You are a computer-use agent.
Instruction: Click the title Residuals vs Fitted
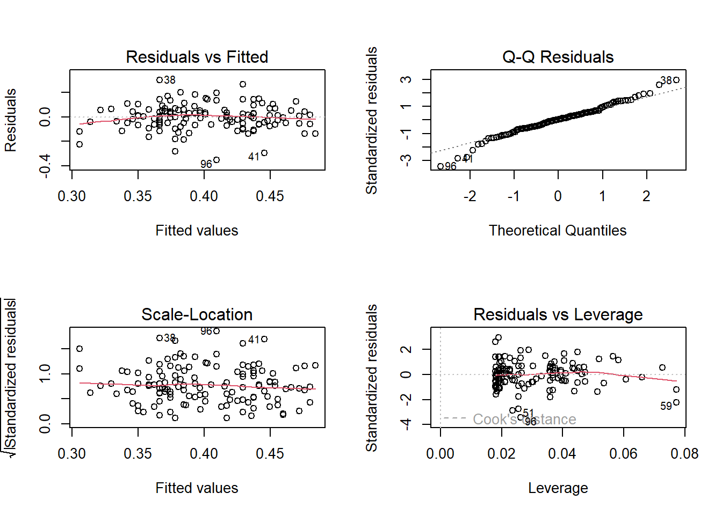click(197, 57)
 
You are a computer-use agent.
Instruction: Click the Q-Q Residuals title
click(558, 57)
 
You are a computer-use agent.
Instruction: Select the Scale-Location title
click(197, 314)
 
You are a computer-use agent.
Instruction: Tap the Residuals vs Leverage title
click(558, 314)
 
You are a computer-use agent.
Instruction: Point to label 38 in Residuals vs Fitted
click(170, 80)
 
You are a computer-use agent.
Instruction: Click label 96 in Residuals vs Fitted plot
click(206, 164)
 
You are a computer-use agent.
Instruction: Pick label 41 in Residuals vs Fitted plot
click(254, 157)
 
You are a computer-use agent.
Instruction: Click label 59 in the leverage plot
click(666, 406)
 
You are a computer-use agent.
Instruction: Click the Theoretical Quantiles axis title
click(558, 231)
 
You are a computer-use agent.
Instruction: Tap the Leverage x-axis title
click(558, 488)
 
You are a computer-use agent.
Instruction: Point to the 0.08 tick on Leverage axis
click(684, 454)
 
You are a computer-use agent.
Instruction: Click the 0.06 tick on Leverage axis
click(623, 454)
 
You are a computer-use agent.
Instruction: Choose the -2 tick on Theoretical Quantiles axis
click(470, 196)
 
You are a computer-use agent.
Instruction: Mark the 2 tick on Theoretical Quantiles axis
click(646, 196)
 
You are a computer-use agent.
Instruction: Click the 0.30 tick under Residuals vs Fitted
click(72, 196)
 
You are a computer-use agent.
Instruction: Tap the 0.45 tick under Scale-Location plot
click(270, 454)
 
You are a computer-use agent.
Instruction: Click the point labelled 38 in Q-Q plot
click(676, 80)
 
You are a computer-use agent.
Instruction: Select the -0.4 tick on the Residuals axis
click(45, 165)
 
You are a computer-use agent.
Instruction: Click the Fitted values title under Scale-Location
click(197, 488)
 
